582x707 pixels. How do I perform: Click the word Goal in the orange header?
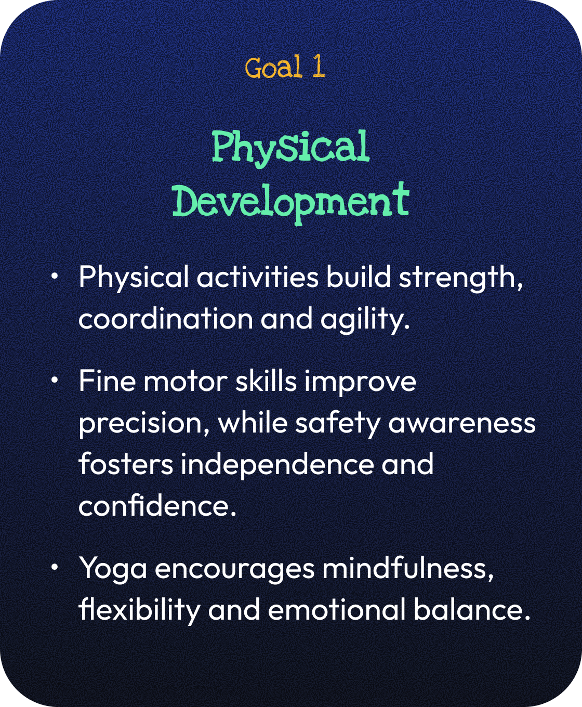273,67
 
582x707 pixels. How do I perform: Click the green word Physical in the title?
291,148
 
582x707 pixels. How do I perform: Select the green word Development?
291,203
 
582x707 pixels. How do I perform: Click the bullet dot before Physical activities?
55,276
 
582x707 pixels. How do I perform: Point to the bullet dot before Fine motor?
55,380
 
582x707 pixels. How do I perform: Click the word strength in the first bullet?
461,278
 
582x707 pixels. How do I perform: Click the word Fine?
107,381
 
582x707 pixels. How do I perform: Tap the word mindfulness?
408,569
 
